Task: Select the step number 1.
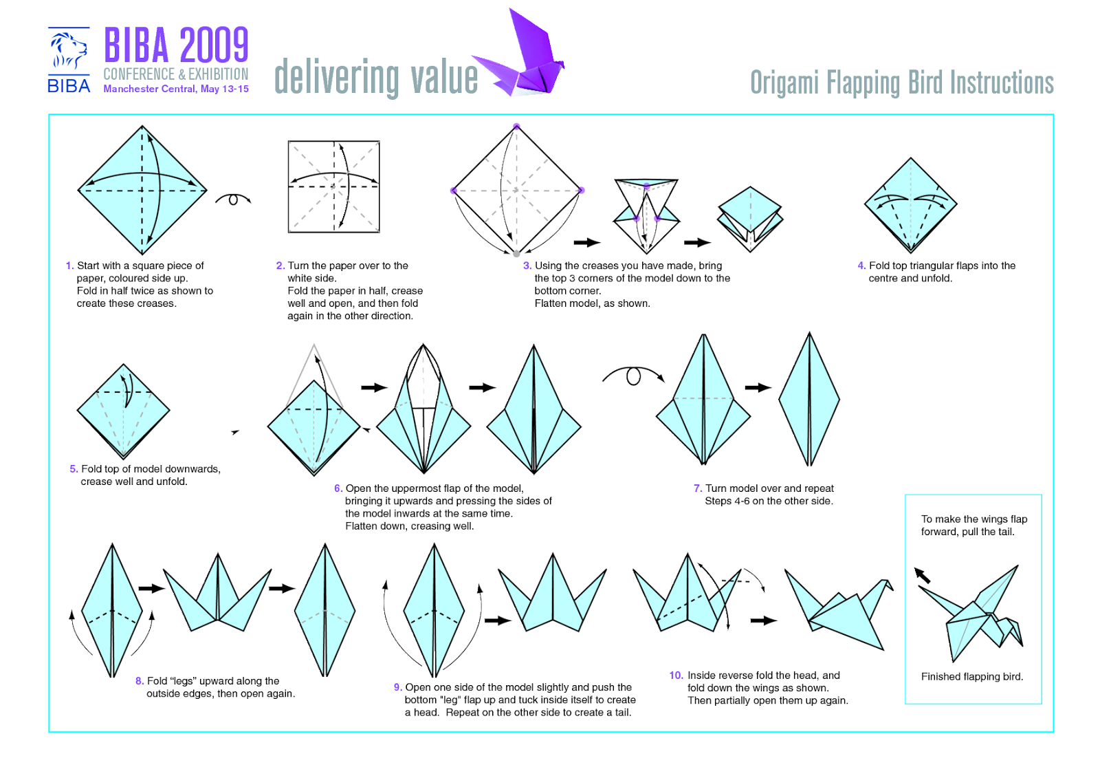point(69,266)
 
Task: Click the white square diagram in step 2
point(334,186)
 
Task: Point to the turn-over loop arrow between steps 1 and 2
point(233,198)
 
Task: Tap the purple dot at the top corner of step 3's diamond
point(516,127)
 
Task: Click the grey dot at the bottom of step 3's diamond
point(516,254)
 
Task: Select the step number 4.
point(861,266)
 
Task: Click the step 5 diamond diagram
point(123,411)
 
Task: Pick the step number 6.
point(338,488)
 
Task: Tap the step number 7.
point(698,488)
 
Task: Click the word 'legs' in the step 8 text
point(185,681)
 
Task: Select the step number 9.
point(398,688)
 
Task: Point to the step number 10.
point(676,676)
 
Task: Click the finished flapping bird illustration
point(970,613)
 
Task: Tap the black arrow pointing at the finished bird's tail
point(922,576)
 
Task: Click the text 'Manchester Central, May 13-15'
point(176,89)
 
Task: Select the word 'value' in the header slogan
point(444,77)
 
